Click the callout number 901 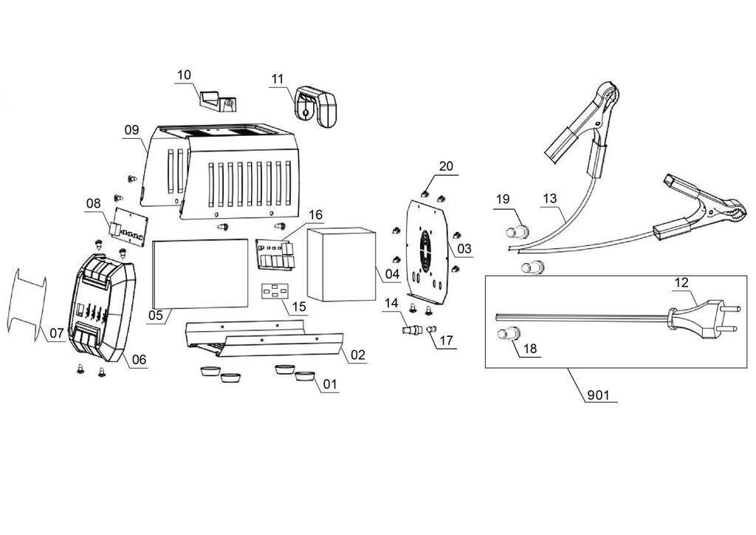point(598,395)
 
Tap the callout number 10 point(184,75)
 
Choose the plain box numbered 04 point(341,265)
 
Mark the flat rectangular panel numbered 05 point(200,273)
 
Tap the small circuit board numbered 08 point(128,226)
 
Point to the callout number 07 point(57,333)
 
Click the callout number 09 point(131,130)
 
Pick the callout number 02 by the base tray point(358,355)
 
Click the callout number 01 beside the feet point(330,384)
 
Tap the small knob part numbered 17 point(432,329)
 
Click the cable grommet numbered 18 point(509,333)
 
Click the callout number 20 point(447,166)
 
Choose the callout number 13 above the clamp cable point(549,198)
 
